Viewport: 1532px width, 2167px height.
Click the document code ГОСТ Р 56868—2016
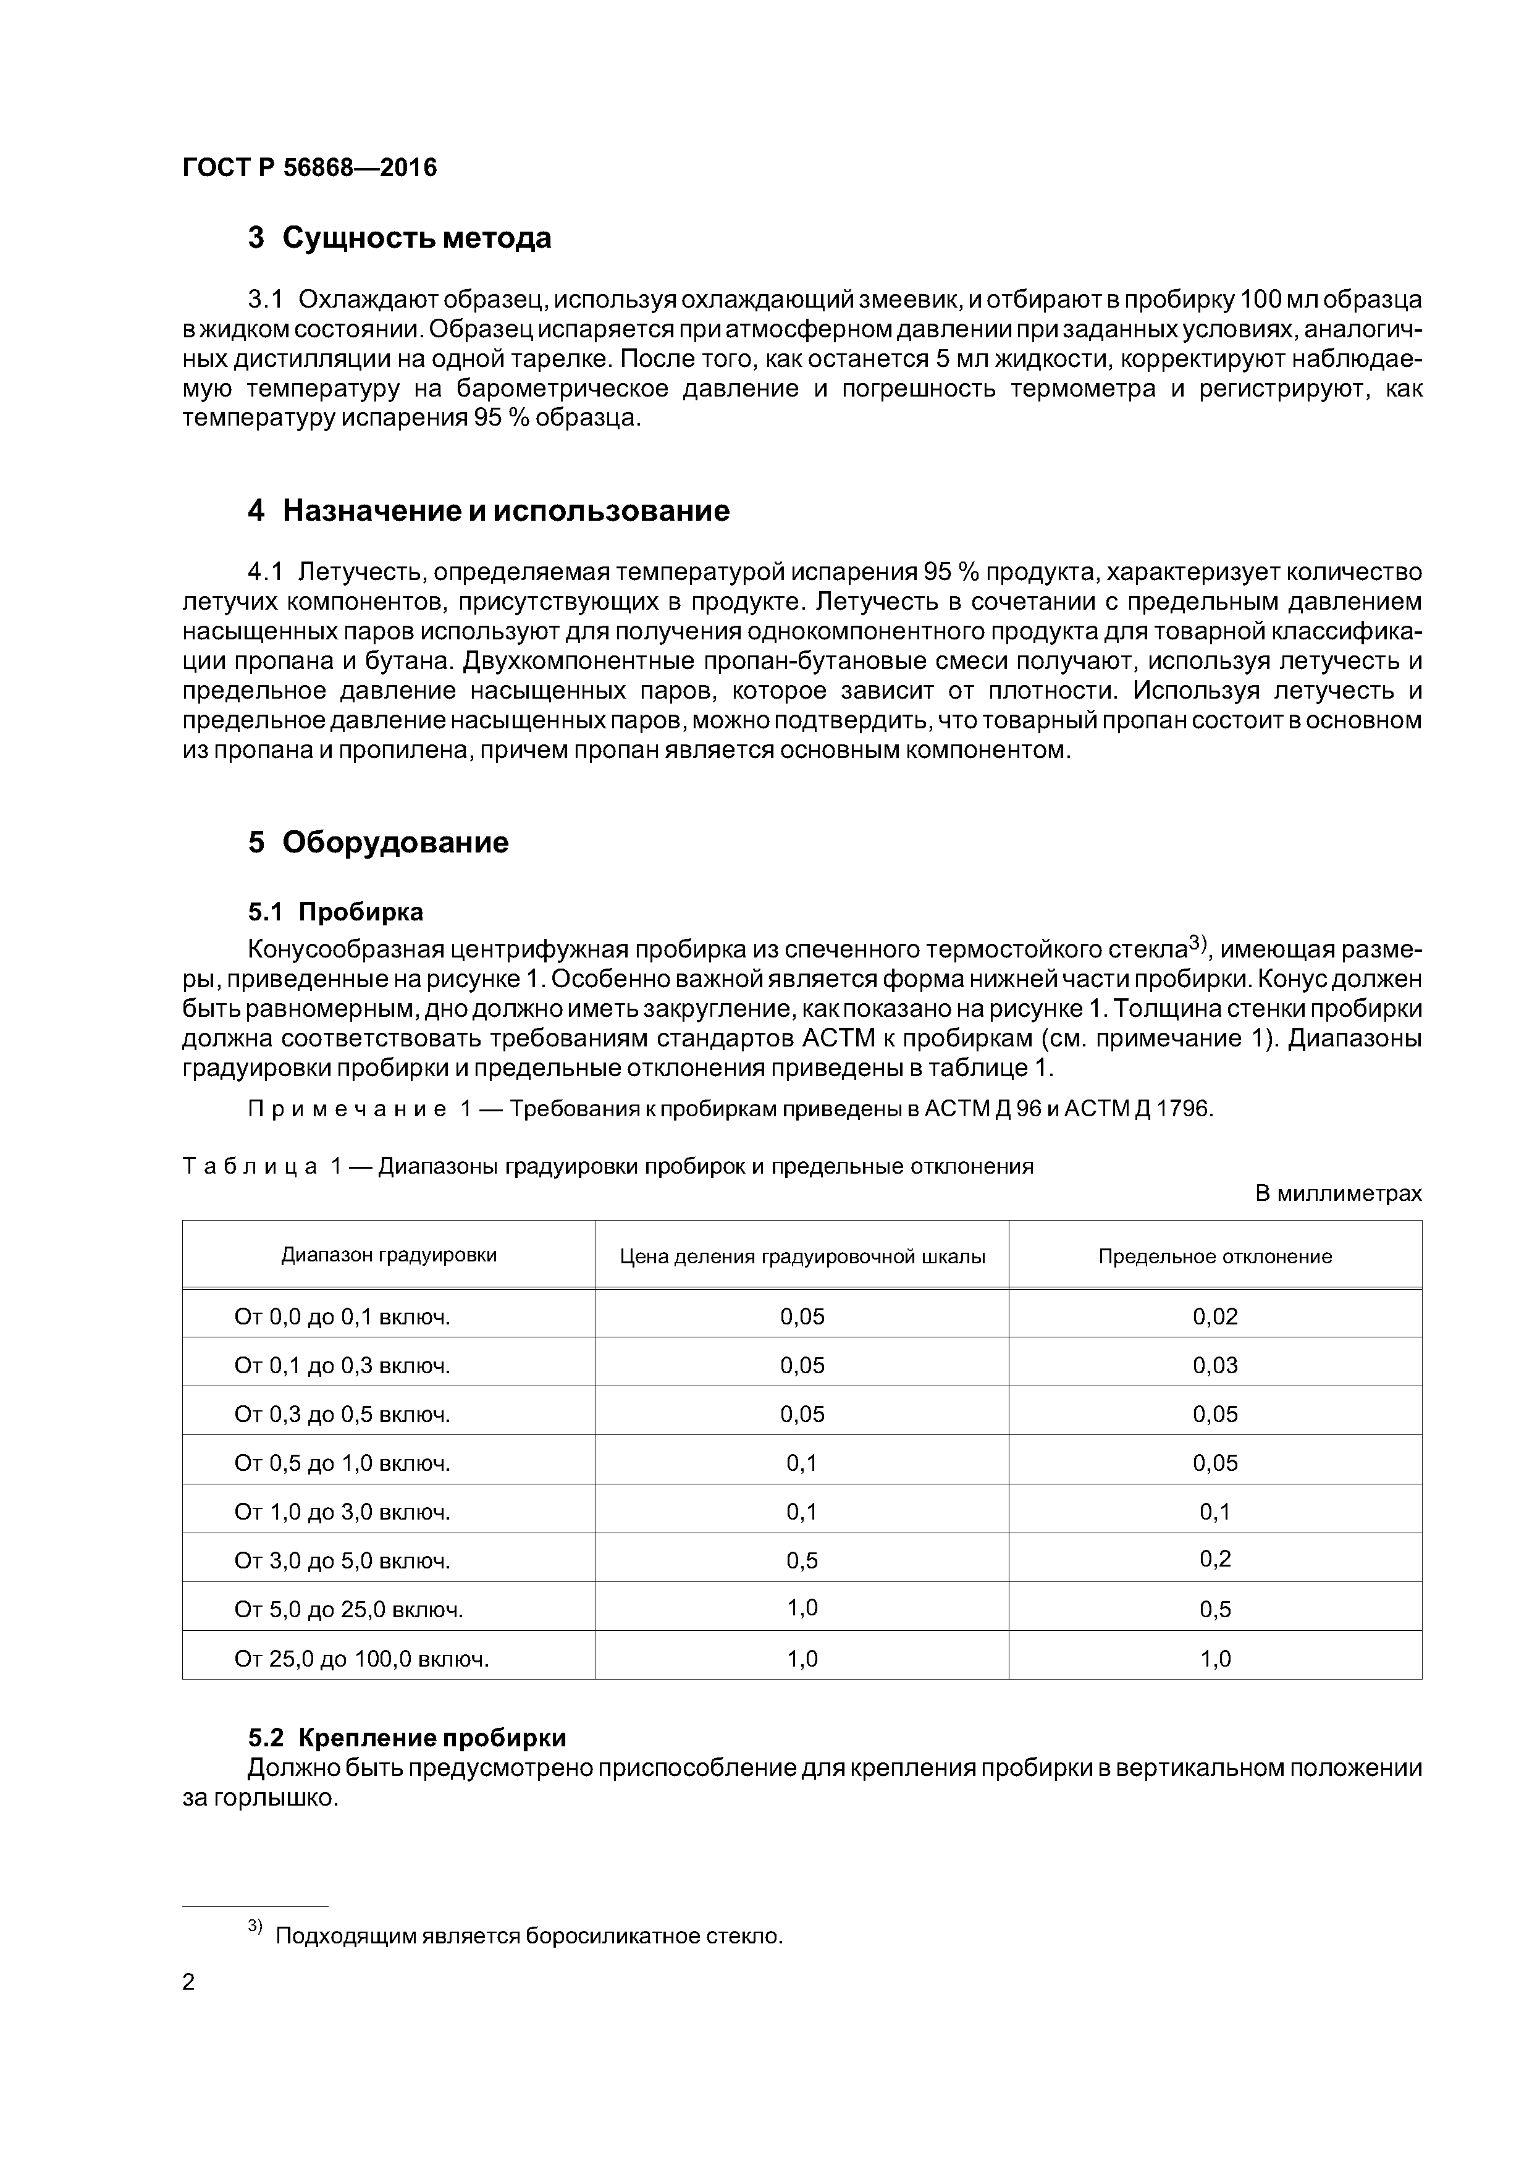(309, 168)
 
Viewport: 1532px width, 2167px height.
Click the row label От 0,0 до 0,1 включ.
(342, 1316)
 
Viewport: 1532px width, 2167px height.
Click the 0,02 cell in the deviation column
(1215, 1316)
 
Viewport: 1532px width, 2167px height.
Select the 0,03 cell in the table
(1215, 1366)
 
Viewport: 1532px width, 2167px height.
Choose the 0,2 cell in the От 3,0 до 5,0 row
(1215, 1559)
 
